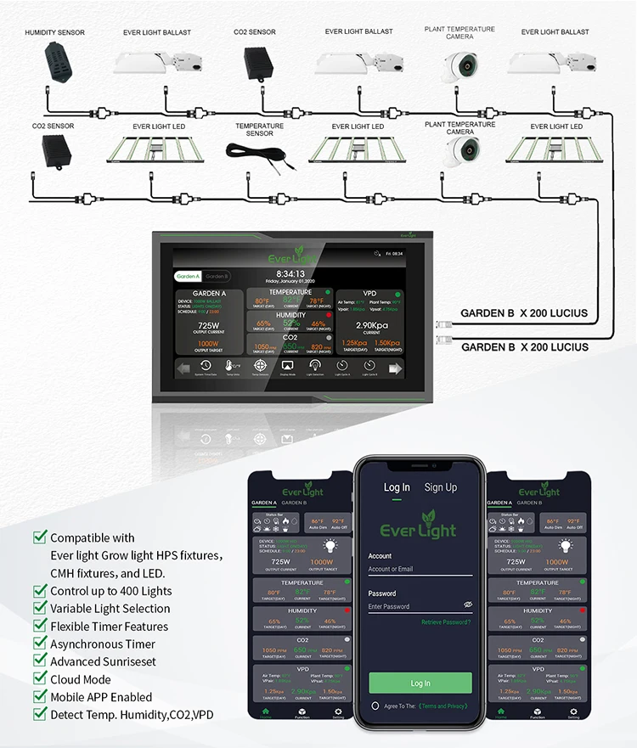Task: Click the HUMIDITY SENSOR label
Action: tap(54, 32)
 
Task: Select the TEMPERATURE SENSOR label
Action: tap(260, 129)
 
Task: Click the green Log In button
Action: tap(420, 683)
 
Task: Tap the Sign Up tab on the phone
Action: tap(440, 487)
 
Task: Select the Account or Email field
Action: tap(420, 569)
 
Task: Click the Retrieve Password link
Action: tap(446, 622)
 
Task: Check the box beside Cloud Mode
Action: tap(39, 678)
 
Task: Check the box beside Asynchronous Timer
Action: tap(39, 644)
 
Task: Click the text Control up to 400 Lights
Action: tap(110, 591)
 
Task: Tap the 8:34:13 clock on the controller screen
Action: tap(290, 273)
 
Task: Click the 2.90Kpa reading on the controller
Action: tap(372, 325)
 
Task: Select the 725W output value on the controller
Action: tap(209, 325)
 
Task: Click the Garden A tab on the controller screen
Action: tap(187, 276)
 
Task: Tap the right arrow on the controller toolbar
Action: tap(394, 368)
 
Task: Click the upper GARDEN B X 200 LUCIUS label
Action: tap(523, 313)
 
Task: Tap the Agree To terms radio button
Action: tap(375, 706)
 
